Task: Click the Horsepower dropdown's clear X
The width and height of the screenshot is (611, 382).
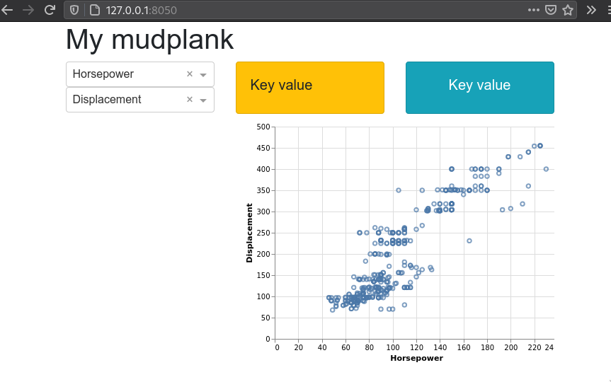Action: click(190, 74)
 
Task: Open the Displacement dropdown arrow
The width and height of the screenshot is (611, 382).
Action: click(203, 100)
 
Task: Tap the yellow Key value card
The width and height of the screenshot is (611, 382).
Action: click(310, 88)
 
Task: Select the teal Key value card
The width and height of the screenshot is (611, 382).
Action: click(480, 88)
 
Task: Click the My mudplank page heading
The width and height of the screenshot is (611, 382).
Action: click(149, 40)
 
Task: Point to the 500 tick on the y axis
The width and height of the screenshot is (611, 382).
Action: click(263, 127)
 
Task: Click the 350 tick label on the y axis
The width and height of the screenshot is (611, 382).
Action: click(263, 190)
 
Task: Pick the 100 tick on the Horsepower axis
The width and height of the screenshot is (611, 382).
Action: click(393, 347)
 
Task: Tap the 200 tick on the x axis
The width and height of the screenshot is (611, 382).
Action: click(511, 347)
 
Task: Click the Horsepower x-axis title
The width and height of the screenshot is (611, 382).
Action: click(416, 358)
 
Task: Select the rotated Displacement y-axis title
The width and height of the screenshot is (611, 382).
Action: click(249, 233)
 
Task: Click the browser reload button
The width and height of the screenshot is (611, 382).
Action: click(50, 10)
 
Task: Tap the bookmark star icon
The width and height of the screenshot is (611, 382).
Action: click(568, 10)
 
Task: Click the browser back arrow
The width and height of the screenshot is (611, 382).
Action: click(7, 10)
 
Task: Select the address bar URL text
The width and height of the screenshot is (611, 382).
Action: click(141, 10)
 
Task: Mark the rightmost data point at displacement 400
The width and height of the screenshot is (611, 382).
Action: click(546, 169)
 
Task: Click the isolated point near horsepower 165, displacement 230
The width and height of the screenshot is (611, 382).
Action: click(469, 241)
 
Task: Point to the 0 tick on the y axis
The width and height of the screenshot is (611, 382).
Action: click(268, 339)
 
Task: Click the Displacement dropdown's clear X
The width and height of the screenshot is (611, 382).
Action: click(190, 99)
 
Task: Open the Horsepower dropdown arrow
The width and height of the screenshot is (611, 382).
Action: click(203, 75)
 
